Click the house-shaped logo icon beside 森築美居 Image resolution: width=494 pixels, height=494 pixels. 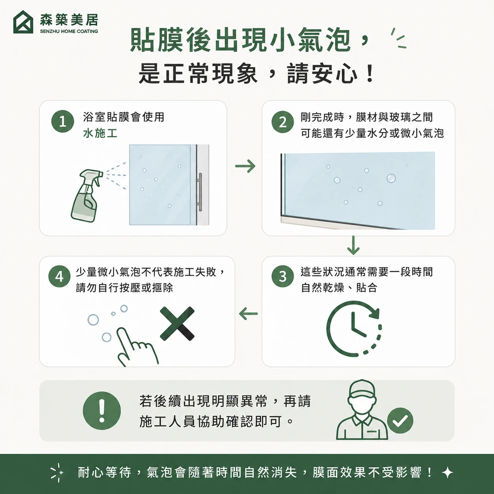[23, 22]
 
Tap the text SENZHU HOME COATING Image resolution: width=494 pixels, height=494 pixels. [69, 31]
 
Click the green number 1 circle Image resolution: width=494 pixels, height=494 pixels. [63, 121]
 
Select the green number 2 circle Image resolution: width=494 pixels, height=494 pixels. [283, 122]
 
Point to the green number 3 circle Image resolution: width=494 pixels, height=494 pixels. [283, 277]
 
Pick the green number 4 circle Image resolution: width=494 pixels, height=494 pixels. [59, 277]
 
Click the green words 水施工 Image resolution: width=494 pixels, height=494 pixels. [100, 133]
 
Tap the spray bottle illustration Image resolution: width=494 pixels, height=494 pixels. [87, 195]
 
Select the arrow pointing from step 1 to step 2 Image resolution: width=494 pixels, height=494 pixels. [245, 166]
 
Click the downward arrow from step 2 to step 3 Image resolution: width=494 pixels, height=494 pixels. [353, 245]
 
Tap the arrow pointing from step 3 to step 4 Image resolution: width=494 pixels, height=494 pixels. [248, 314]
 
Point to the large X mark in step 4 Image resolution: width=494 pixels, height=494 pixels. [177, 323]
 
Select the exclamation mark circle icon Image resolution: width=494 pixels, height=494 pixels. [102, 411]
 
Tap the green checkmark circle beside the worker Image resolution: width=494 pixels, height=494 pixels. [400, 420]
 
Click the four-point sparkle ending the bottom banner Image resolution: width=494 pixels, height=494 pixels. [448, 473]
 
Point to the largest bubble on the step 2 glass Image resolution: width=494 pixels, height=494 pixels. [391, 178]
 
